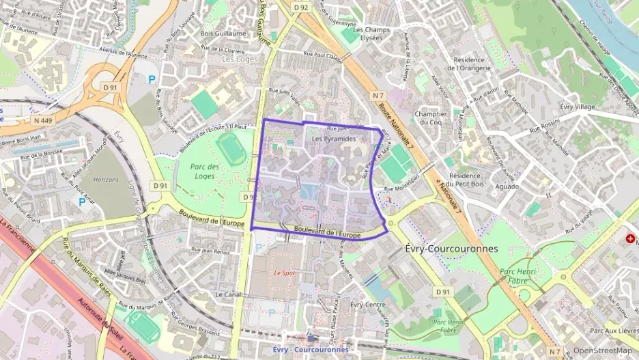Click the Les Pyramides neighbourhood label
[x=334, y=139]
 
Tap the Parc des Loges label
[x=205, y=171]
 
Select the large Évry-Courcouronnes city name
[x=451, y=249]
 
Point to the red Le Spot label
[x=284, y=273]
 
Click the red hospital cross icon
[x=629, y=239]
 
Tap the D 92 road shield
[x=301, y=8]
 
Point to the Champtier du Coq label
[x=431, y=118]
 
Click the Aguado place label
[x=507, y=186]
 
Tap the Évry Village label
[x=577, y=107]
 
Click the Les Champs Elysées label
[x=371, y=33]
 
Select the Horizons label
[x=106, y=179]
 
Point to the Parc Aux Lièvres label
[x=612, y=331]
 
